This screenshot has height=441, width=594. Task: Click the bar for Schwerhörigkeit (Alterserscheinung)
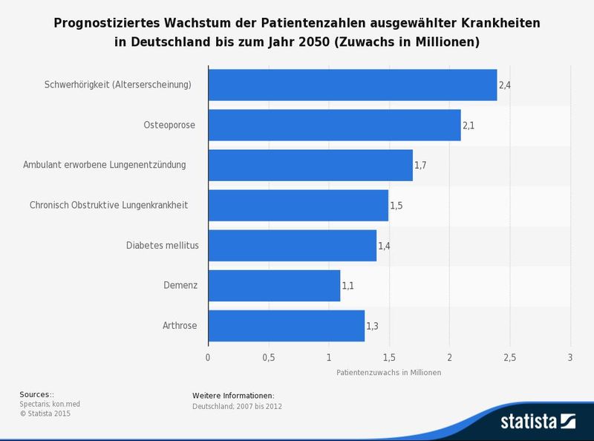352,85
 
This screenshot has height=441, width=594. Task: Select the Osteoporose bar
334,125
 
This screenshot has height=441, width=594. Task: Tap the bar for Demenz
274,285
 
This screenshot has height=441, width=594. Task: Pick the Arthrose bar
286,325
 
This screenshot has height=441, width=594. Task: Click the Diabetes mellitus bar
292,245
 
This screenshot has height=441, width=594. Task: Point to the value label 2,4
504,85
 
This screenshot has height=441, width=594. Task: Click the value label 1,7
420,166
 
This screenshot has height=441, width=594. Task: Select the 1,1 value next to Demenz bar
347,286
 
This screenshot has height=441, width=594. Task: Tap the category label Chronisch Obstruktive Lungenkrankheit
108,205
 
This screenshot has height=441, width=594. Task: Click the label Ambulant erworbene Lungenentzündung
105,165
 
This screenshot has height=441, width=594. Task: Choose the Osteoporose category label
169,125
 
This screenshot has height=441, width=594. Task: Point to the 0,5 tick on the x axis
269,357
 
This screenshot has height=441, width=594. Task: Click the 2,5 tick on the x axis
509,357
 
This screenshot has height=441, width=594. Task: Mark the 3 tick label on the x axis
569,357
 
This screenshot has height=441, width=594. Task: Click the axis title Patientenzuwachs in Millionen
388,373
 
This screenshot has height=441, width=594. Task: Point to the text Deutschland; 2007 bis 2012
237,406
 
